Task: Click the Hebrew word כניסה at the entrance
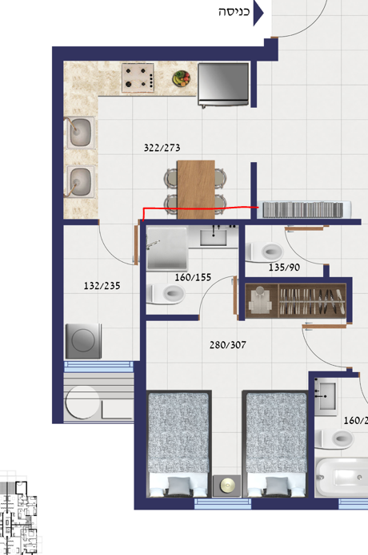(x=234, y=12)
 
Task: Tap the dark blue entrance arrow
(x=258, y=13)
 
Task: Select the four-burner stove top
(x=138, y=77)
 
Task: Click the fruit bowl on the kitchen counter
(x=181, y=78)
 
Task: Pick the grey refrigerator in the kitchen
(x=223, y=85)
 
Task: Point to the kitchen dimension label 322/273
(x=162, y=148)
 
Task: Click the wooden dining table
(x=196, y=190)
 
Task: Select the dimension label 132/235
(x=102, y=286)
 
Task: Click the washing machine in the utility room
(x=83, y=341)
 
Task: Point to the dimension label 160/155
(x=193, y=277)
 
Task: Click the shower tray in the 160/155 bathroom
(x=166, y=248)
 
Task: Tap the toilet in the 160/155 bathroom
(x=166, y=294)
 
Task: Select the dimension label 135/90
(x=284, y=268)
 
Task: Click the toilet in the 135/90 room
(x=265, y=252)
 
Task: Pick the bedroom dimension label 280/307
(x=228, y=345)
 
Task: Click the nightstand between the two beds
(x=227, y=486)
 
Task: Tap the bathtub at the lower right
(x=342, y=478)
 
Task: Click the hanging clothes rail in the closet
(x=312, y=301)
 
